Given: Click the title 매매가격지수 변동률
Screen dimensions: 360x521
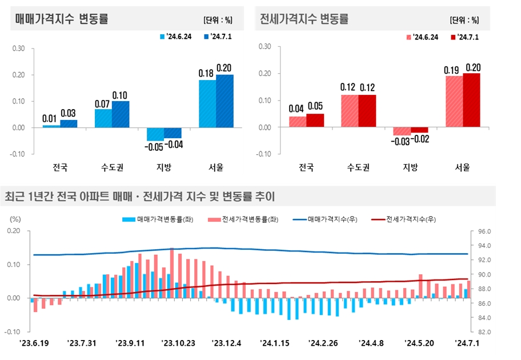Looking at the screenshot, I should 62,19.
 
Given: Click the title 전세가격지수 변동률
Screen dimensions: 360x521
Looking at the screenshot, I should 304,19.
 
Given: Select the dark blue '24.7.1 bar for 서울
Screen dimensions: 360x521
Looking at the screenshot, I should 225,101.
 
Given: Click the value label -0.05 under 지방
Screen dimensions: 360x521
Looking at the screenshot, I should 155,147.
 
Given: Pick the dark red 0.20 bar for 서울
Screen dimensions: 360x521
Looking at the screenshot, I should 471,101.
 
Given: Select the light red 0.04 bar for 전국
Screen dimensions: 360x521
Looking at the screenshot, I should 298,122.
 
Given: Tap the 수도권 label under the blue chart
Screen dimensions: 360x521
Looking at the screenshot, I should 112,167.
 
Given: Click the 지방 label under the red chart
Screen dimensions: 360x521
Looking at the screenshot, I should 410,167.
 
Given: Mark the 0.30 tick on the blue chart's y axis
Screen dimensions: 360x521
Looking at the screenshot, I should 18,49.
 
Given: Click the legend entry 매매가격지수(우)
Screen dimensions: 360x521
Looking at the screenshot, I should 329,219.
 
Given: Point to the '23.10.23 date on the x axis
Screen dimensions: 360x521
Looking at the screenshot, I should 178,343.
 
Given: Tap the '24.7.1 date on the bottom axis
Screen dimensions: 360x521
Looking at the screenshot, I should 467,343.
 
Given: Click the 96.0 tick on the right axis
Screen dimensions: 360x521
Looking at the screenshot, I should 484,231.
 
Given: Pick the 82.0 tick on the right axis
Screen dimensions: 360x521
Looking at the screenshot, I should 484,332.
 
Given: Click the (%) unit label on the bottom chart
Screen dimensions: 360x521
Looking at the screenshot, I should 15,219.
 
